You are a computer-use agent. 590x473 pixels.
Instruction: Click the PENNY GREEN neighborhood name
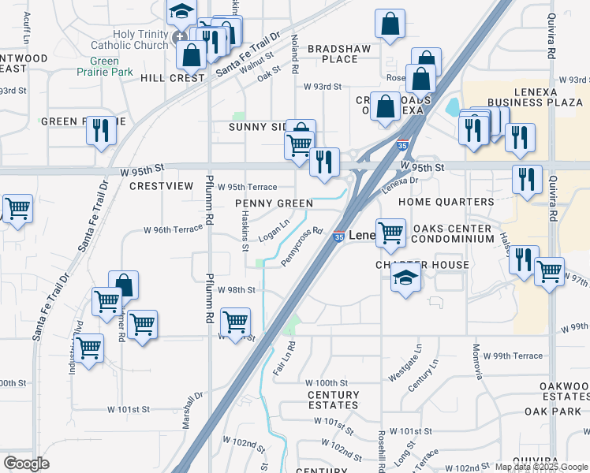coord(274,203)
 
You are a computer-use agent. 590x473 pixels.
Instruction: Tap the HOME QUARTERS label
coord(446,202)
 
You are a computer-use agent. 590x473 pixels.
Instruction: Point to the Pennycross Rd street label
coord(302,247)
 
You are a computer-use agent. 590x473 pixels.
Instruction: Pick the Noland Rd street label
coord(295,54)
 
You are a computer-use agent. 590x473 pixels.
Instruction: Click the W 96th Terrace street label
coord(174,229)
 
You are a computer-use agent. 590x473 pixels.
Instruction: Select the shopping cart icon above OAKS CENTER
coord(390,233)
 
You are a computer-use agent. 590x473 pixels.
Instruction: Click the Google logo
coord(26,463)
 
